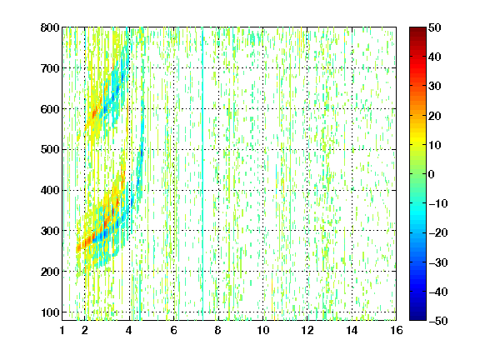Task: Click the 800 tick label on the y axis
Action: (50, 27)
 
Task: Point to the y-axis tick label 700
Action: (50, 68)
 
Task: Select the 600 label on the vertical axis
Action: (50, 109)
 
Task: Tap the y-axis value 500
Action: (50, 150)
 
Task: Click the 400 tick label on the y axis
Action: (50, 190)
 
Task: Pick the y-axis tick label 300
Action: (50, 231)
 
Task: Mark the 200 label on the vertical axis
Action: (50, 272)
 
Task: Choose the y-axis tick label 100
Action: (50, 312)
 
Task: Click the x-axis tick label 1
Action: (62, 330)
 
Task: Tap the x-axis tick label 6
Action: (174, 330)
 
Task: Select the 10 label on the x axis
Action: (263, 330)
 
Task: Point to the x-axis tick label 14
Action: (352, 330)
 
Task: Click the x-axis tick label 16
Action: (397, 330)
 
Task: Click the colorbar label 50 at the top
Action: (434, 27)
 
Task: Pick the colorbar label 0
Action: (432, 174)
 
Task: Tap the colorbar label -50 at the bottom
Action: (438, 321)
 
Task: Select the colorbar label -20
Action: (438, 232)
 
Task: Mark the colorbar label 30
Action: (434, 87)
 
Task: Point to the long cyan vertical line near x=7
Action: (202, 173)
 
